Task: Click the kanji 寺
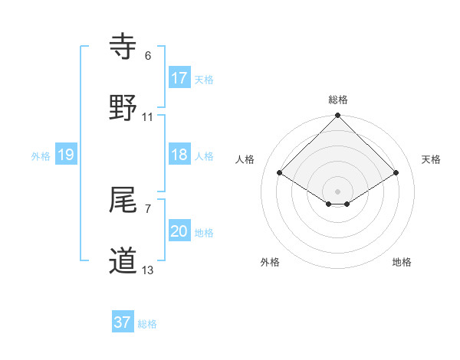tap(124, 47)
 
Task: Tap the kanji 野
tap(124, 107)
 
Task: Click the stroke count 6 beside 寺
tap(148, 56)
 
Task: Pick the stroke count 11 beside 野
tap(148, 116)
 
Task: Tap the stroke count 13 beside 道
tap(148, 270)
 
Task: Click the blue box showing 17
tap(179, 78)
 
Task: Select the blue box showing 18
tap(179, 155)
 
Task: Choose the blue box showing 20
tap(179, 231)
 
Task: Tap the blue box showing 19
tap(66, 155)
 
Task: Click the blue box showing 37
tap(123, 322)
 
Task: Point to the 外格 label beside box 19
tap(41, 155)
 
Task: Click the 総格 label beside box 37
tap(147, 323)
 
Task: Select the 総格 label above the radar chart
tap(338, 100)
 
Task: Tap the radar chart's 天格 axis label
tap(432, 159)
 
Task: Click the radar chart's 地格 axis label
tap(402, 262)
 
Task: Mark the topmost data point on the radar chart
tap(338, 116)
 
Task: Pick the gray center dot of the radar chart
tap(338, 191)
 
